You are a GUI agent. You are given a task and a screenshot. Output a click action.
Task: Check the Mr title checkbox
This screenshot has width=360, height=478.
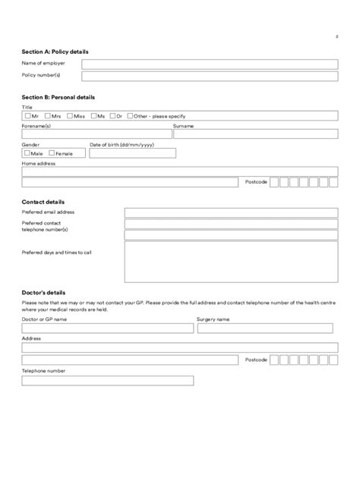[28, 116]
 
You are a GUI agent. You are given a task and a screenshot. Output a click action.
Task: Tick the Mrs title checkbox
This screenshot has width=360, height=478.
[48, 116]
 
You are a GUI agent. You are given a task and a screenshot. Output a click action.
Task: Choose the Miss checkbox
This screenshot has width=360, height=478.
[70, 116]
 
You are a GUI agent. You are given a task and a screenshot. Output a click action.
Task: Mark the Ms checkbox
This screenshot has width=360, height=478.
[93, 116]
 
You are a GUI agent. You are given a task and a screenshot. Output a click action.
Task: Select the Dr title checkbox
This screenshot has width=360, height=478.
[112, 116]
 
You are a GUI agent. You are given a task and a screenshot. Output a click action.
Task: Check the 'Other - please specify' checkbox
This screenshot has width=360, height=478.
[131, 116]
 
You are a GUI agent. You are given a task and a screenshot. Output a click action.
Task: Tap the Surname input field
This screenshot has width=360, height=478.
[257, 134]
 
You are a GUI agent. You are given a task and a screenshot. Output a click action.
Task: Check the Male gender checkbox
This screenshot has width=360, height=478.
[27, 153]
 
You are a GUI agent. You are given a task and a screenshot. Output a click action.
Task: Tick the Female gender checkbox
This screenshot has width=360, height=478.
[51, 153]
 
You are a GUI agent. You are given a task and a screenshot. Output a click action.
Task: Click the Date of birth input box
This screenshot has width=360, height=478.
[132, 153]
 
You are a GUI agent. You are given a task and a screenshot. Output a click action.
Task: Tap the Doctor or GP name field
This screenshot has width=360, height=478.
[107, 329]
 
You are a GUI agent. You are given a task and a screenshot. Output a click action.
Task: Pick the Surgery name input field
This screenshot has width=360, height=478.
[264, 329]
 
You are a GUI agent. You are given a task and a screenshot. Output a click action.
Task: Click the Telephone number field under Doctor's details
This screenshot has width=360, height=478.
[107, 381]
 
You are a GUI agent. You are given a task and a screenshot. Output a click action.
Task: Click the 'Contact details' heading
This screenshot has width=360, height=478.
[43, 203]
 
